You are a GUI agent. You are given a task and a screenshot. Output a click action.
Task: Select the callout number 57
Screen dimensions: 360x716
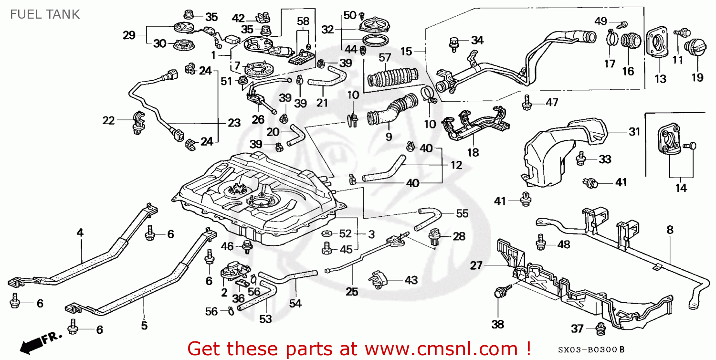pos(385,58)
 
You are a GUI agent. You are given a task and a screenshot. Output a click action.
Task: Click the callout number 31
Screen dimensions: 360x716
pos(634,132)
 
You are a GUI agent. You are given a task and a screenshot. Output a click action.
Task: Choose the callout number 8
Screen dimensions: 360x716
pos(670,230)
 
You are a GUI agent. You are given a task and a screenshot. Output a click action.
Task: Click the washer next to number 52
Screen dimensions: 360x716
pos(327,233)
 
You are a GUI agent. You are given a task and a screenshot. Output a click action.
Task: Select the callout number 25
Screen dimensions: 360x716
pos(352,291)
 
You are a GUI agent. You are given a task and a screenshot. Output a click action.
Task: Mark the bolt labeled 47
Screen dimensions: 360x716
pos(527,102)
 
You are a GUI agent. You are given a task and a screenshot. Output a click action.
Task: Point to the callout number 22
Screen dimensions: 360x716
pos(108,121)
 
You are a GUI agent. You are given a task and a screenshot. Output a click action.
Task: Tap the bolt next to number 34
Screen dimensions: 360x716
pos(454,42)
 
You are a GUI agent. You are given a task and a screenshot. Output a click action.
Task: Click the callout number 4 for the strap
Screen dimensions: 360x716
pos(80,233)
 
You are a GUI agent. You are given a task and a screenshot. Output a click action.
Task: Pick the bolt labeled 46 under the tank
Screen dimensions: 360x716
pos(248,247)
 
